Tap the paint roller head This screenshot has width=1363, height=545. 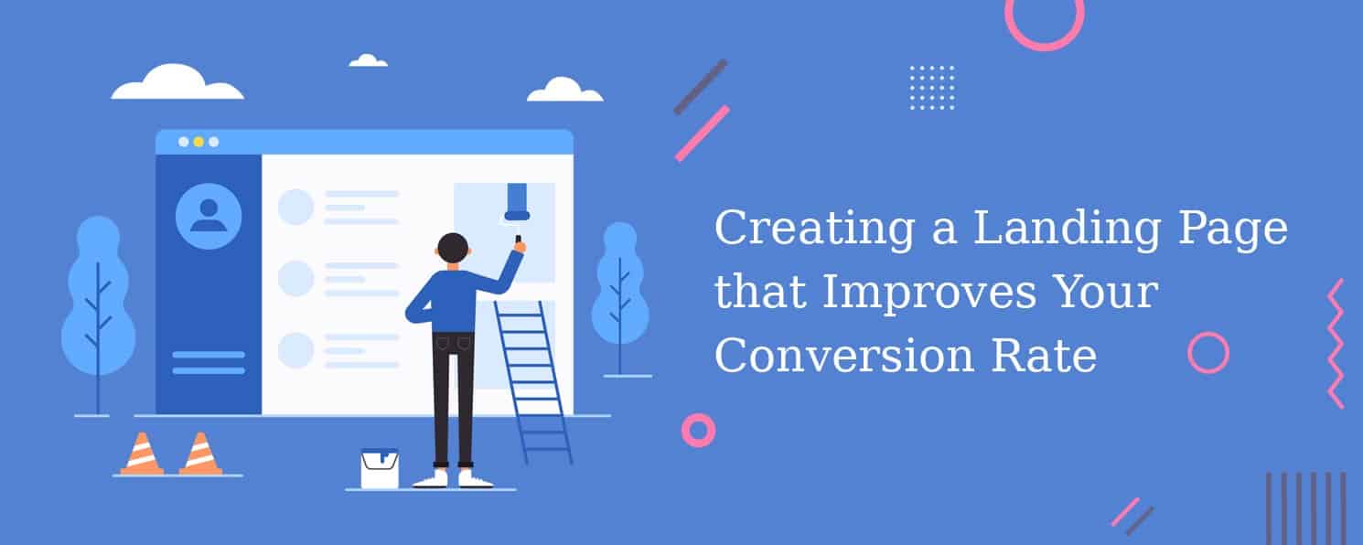517,201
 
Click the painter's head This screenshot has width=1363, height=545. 453,249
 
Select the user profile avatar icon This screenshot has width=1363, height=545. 208,216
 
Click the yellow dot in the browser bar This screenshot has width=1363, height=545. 199,142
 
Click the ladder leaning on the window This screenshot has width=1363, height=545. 533,382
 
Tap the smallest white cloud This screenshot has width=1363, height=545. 368,60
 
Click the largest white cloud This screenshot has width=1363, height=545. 177,81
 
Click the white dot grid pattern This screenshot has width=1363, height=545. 932,88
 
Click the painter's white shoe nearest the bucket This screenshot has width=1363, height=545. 431,480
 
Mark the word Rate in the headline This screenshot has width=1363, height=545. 1044,355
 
